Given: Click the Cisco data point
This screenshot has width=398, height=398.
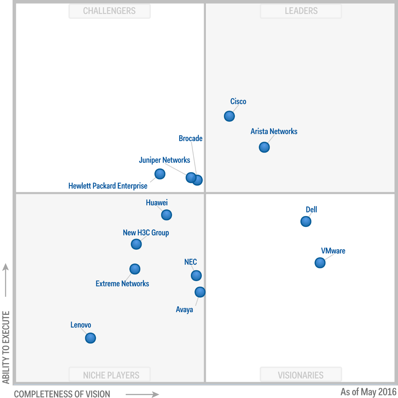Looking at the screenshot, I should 229,116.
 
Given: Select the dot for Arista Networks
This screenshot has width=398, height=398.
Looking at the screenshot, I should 264,147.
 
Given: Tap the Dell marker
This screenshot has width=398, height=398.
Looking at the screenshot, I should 306,221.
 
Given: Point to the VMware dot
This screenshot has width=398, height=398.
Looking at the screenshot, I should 320,263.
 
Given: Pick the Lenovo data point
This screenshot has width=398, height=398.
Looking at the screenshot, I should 91,338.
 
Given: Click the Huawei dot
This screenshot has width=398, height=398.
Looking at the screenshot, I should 167,215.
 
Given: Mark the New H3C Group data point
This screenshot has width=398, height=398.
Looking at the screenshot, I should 136,244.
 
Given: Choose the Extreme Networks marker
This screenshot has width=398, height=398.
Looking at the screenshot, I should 135,269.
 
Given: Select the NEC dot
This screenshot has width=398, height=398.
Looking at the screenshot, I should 196,275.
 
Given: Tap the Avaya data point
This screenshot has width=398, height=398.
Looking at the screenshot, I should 200,292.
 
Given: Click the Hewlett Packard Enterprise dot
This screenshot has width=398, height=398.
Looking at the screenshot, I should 160,174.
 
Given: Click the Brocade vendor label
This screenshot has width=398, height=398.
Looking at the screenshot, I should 191,139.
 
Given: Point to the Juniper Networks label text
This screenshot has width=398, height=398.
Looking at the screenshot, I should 165,160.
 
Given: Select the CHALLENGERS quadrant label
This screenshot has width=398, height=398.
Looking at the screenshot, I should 109,11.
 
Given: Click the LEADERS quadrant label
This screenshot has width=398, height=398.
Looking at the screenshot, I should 301,11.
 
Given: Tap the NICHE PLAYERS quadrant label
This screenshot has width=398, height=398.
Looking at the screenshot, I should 111,375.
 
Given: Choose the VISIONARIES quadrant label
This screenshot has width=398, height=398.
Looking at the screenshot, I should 301,375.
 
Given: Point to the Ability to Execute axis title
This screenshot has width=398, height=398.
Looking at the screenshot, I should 6,347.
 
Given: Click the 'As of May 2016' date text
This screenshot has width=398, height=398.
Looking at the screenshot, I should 368,392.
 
